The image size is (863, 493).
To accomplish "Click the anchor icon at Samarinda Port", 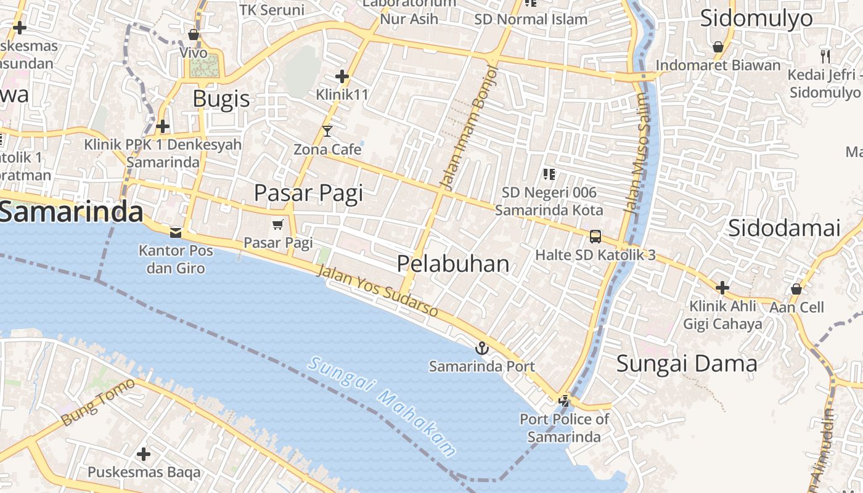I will [482, 349].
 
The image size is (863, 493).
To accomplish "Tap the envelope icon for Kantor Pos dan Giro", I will [176, 232].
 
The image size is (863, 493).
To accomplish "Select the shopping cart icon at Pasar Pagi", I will [278, 225].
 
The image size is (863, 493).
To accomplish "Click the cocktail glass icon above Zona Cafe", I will [327, 131].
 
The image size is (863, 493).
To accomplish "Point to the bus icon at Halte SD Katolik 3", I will [595, 236].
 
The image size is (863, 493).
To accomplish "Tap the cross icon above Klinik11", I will [342, 76].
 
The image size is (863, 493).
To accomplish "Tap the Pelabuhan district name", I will [453, 264].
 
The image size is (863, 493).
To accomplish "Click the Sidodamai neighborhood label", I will [784, 228].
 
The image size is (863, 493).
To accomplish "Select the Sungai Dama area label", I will [687, 363].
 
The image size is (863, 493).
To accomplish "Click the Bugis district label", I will [221, 99].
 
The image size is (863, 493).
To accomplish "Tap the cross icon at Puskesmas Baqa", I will [144, 454].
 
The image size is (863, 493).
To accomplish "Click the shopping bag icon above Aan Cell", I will [796, 288].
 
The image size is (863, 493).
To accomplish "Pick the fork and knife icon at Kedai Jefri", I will [825, 57].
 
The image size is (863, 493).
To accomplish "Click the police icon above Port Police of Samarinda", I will [563, 401].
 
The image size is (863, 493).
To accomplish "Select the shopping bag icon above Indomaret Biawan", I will [718, 47].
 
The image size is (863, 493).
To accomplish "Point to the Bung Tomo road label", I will [98, 403].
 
